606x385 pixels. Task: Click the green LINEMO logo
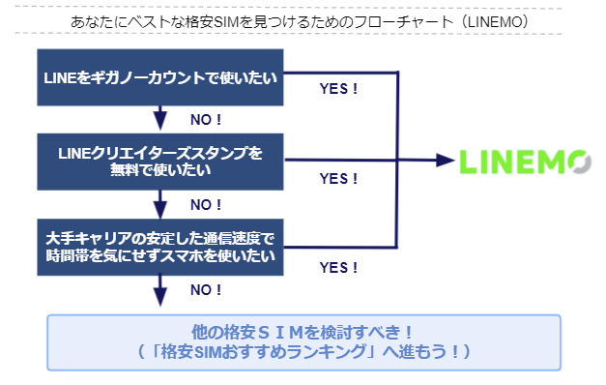[523, 161]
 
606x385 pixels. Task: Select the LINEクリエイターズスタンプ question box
[159, 161]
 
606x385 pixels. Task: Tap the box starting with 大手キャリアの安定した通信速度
[159, 246]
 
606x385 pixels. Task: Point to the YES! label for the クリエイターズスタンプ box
[338, 179]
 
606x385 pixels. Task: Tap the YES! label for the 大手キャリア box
[338, 266]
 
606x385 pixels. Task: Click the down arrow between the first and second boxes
[159, 118]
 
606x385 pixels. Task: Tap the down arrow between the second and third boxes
[159, 203]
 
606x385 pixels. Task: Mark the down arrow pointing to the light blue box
[159, 290]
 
